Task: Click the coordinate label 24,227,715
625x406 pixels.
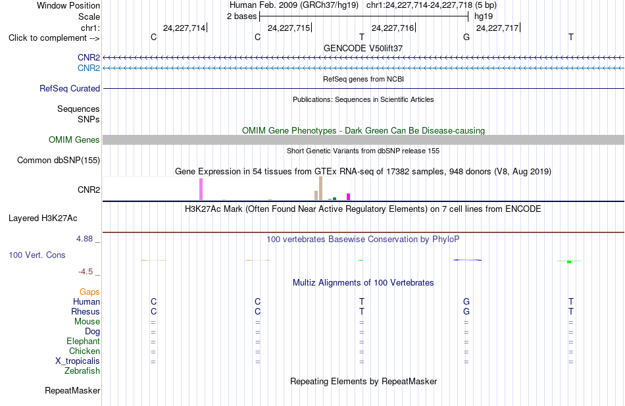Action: (289, 28)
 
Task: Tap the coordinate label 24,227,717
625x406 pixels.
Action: (497, 28)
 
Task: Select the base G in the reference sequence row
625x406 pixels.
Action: (466, 37)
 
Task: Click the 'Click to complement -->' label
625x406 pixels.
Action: (54, 38)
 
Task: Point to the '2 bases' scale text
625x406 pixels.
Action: (242, 16)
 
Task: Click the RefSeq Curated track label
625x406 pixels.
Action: (70, 89)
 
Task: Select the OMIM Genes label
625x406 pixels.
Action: (74, 140)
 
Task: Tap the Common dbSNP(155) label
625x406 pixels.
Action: (59, 161)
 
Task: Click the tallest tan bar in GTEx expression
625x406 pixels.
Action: (320, 188)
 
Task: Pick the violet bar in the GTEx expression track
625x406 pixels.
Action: (201, 189)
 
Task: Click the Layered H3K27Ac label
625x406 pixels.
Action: (43, 218)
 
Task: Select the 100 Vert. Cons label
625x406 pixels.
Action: (37, 255)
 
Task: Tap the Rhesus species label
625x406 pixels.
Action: (86, 311)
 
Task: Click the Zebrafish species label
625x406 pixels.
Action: (82, 371)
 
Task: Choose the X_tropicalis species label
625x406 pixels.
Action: (78, 361)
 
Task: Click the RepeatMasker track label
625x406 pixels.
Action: (72, 390)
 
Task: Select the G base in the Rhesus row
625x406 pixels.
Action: (466, 311)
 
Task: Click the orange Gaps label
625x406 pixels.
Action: (89, 292)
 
